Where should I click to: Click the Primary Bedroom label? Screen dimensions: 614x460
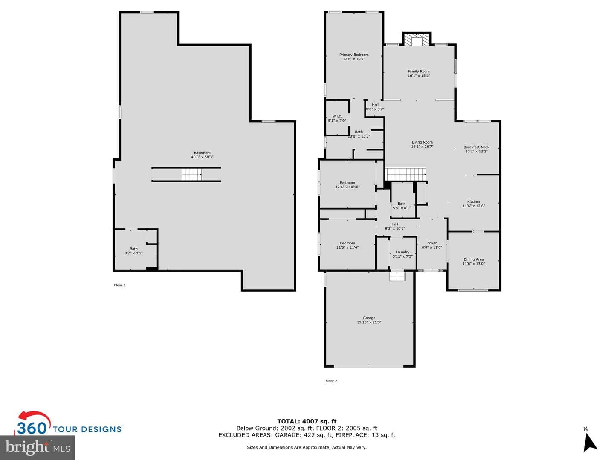pos(354,55)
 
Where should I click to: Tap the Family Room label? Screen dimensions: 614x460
pos(418,71)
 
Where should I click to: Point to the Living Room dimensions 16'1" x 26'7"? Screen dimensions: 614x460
pos(422,147)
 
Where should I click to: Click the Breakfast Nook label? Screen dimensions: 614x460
pos(476,147)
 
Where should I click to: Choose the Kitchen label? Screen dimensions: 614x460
pos(474,201)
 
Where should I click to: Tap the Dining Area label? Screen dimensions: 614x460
pos(474,259)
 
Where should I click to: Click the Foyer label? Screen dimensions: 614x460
pos(432,243)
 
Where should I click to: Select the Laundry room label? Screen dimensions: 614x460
pos(403,252)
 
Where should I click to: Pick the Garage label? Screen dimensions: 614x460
pos(369,318)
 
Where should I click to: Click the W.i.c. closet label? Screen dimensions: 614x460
pos(337,116)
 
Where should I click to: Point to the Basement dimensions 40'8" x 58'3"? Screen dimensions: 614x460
pos(202,157)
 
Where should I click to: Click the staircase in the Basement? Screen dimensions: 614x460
pos(192,175)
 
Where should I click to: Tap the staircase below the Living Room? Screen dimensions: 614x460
pos(405,174)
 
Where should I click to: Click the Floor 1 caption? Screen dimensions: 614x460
pos(120,285)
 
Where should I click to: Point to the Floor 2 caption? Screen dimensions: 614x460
pos(331,381)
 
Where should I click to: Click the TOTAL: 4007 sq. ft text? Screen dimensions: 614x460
pos(307,422)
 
